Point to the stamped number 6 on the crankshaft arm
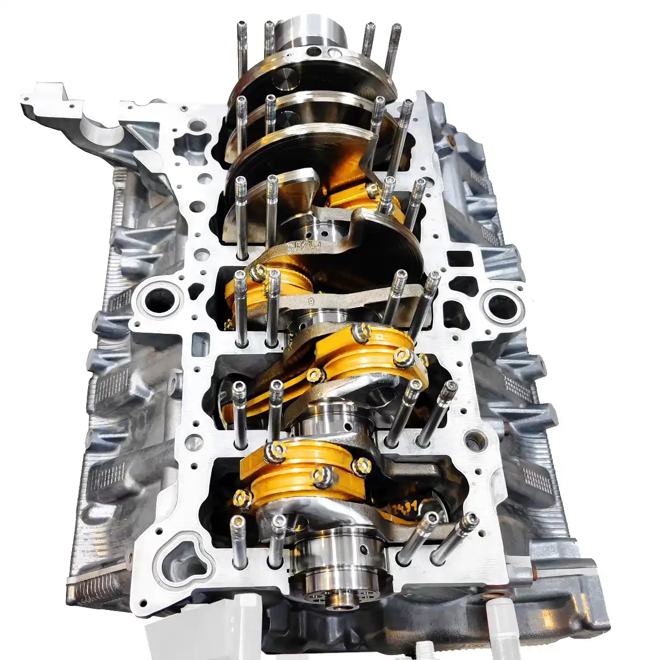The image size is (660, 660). [311, 302]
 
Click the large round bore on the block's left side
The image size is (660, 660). [160, 300]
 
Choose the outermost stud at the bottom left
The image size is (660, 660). [238, 542]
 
